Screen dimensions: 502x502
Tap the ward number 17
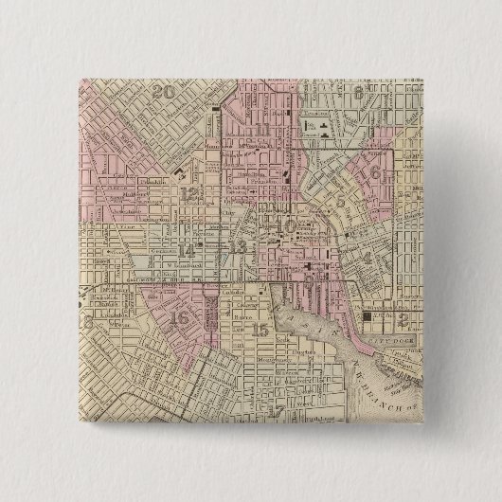click(x=277, y=410)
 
